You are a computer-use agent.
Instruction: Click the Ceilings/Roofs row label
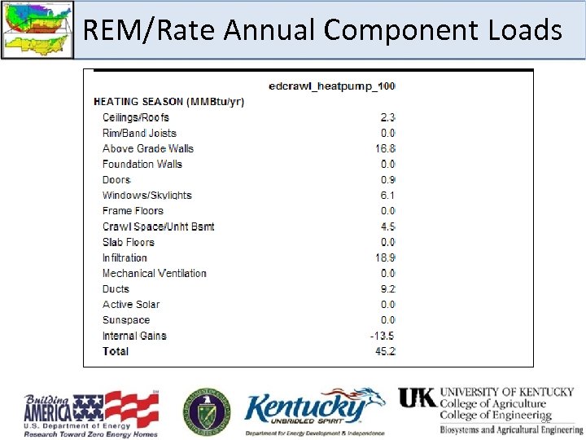(x=135, y=117)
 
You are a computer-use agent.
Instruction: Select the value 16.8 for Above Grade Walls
(x=385, y=148)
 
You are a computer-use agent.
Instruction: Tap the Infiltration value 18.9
(x=385, y=257)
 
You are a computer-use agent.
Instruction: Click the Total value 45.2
(x=385, y=351)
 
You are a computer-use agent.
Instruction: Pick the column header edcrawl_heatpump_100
(x=332, y=86)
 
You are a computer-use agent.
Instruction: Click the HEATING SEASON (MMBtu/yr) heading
(x=169, y=102)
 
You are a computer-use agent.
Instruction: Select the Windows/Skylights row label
(x=146, y=196)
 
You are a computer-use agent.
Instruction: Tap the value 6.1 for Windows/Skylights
(x=387, y=196)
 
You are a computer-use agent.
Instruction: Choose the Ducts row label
(x=116, y=288)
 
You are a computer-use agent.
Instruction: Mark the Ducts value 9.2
(x=387, y=288)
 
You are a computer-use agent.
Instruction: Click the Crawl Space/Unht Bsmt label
(x=158, y=227)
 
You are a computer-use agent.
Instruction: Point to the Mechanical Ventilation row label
(x=154, y=273)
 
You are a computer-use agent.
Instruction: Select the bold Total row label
(x=116, y=351)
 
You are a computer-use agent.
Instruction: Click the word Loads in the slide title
(x=522, y=30)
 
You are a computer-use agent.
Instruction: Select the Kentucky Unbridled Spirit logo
(x=313, y=411)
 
